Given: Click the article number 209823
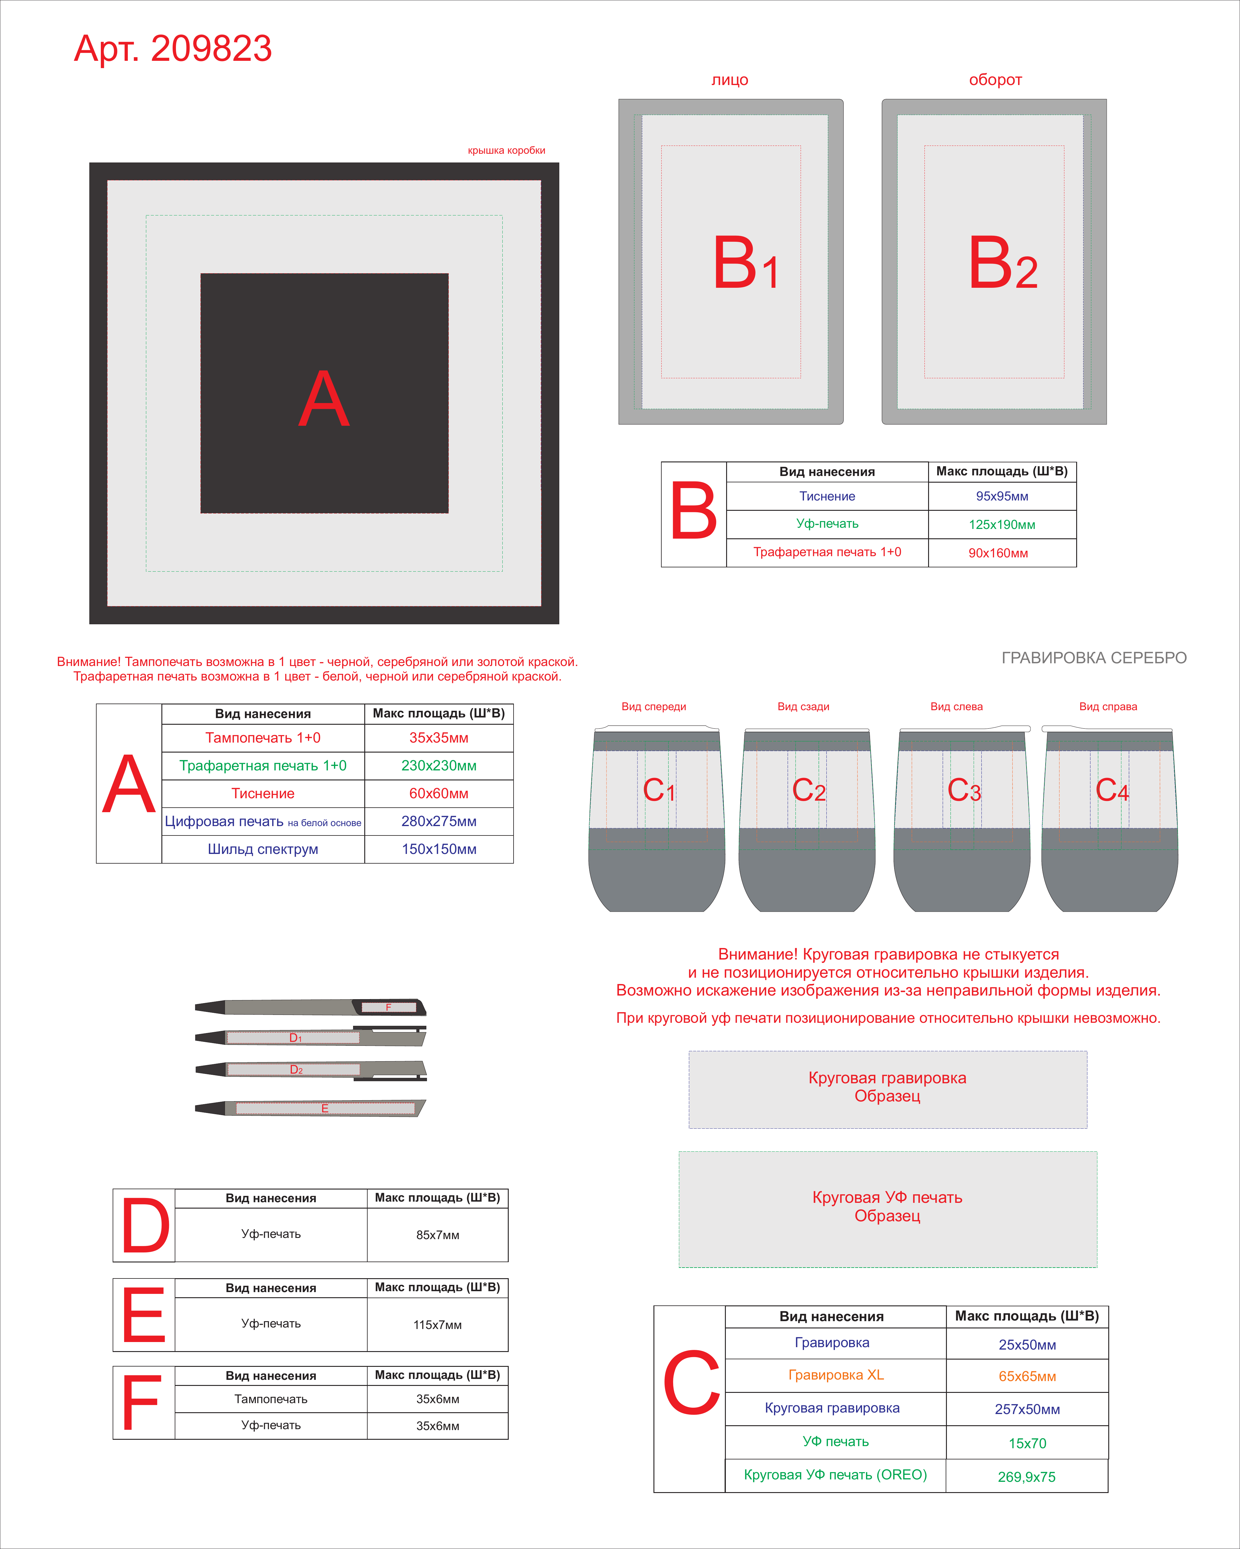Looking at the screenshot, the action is (211, 49).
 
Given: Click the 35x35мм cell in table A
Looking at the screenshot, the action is (438, 738).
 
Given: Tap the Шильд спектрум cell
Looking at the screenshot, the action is (263, 849).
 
